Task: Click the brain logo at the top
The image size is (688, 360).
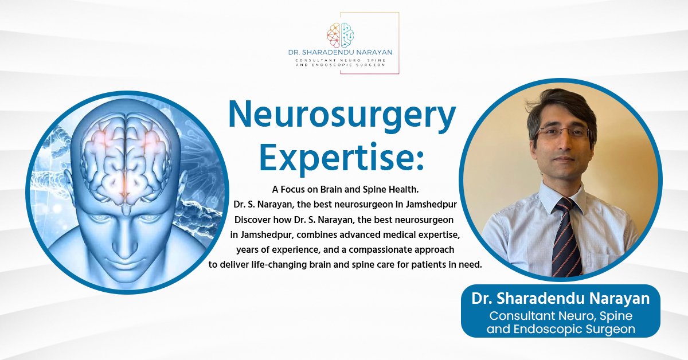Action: (341, 36)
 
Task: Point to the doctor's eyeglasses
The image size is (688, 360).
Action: (562, 132)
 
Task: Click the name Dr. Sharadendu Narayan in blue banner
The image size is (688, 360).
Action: (561, 298)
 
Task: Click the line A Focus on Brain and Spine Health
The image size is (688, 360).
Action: (345, 190)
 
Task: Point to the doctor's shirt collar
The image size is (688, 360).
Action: (562, 197)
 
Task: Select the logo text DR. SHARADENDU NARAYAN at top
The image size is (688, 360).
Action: (340, 52)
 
